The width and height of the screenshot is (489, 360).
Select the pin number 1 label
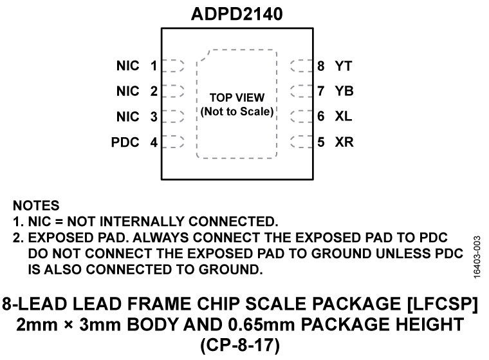point(154,66)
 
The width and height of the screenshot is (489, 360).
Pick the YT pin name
point(343,66)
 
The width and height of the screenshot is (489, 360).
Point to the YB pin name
point(343,91)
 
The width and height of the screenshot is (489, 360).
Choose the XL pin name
point(343,117)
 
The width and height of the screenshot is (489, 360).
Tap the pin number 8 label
point(320,66)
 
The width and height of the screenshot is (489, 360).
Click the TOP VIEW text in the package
point(237,99)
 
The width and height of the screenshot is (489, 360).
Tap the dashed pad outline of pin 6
point(300,117)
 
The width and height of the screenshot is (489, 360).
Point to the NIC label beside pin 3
point(127,117)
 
